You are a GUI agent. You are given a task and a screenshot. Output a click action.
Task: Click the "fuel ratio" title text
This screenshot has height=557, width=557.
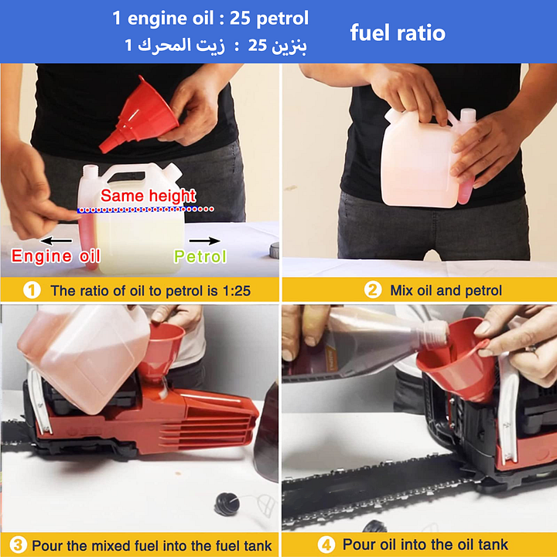click(398, 32)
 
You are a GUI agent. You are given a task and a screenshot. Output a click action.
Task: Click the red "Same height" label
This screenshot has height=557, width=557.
click(148, 196)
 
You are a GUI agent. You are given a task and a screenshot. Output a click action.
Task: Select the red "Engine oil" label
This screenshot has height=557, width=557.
click(56, 256)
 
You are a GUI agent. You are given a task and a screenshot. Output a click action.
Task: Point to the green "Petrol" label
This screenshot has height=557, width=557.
click(200, 257)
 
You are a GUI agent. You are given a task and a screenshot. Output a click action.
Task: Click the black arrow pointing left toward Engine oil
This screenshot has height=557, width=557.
click(56, 241)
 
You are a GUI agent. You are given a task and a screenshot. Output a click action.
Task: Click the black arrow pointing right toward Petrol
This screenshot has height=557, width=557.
click(204, 241)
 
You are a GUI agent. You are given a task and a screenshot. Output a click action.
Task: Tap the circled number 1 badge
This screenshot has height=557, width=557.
click(32, 290)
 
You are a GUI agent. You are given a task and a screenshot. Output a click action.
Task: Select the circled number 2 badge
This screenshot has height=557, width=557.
click(373, 290)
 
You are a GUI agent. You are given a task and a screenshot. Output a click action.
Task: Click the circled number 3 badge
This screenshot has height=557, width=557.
click(18, 545)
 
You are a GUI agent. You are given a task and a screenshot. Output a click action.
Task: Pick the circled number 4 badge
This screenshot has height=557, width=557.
click(326, 545)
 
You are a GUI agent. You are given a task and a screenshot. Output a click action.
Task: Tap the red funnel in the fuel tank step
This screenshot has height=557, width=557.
click(162, 352)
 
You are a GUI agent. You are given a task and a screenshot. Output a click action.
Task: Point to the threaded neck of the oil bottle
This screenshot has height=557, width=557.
click(431, 335)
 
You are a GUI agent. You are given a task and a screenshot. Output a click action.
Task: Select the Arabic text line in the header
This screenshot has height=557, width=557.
click(216, 46)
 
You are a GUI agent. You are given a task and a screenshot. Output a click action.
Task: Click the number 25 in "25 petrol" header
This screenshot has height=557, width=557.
click(240, 18)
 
